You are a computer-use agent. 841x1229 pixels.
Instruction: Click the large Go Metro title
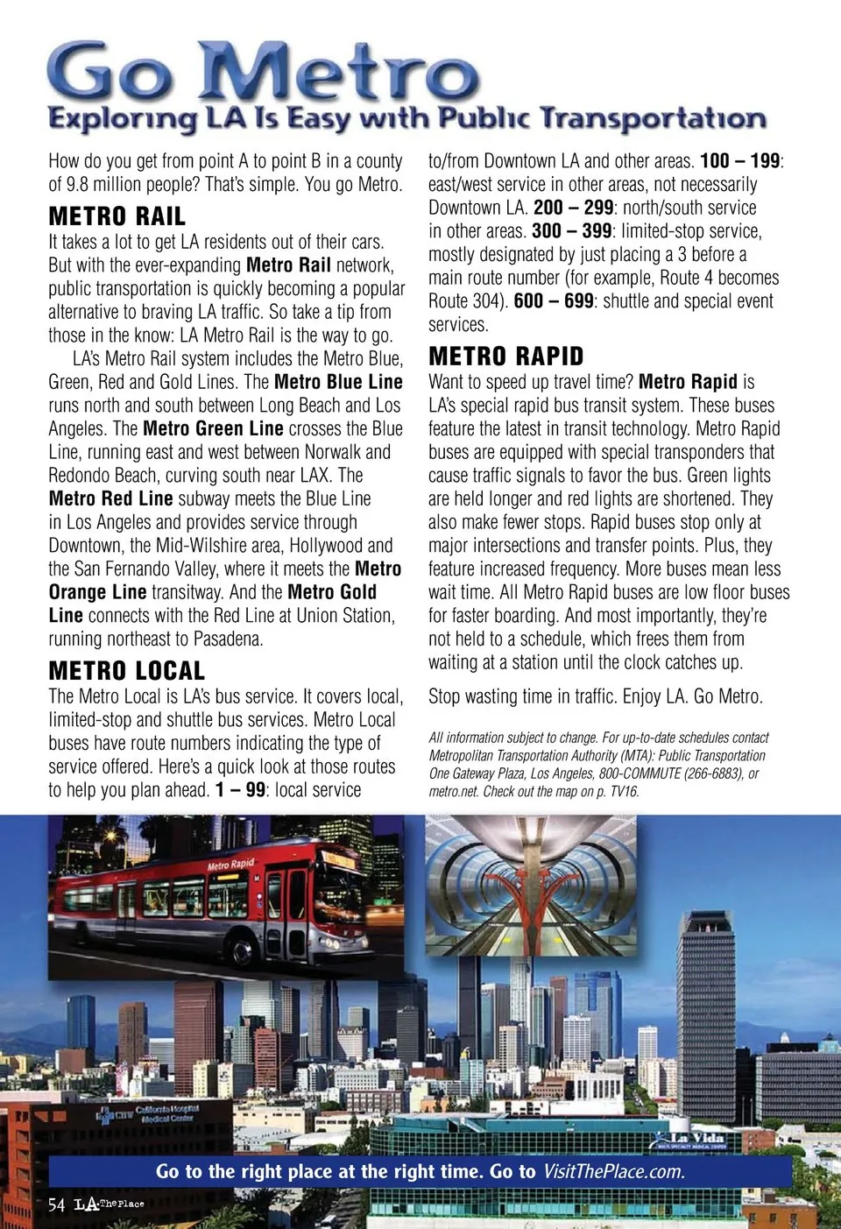click(x=263, y=72)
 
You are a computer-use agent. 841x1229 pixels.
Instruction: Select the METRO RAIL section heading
click(x=117, y=216)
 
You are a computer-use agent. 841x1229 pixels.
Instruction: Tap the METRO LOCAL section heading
click(x=126, y=671)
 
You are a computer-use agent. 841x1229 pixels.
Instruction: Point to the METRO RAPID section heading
click(x=505, y=357)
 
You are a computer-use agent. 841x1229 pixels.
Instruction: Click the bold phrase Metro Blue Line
click(x=338, y=382)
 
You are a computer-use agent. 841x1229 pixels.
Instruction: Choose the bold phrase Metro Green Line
click(x=213, y=428)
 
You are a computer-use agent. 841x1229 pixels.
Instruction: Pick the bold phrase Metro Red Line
click(x=110, y=498)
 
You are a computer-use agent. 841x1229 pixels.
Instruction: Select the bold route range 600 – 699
click(x=553, y=301)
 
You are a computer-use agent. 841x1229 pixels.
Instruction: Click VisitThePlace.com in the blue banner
click(x=613, y=1172)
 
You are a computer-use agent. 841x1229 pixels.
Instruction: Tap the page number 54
click(x=57, y=1204)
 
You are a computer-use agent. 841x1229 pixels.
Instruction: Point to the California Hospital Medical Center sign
click(x=166, y=1113)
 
